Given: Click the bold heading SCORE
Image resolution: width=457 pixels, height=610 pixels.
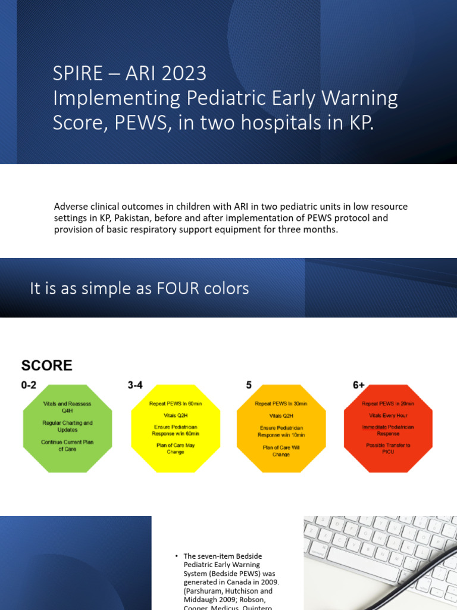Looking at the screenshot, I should point(47,365).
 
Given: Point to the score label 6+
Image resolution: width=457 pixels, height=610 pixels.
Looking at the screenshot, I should point(358,385).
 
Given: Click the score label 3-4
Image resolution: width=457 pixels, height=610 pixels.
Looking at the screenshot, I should point(135,385).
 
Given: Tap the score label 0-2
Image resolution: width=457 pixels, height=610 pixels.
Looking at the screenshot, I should point(29,385).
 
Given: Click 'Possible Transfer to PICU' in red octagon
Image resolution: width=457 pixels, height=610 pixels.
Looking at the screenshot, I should point(388,448).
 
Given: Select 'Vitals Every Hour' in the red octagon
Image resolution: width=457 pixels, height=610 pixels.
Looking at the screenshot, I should point(388,415).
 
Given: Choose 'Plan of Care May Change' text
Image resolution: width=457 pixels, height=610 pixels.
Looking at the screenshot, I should point(176,448).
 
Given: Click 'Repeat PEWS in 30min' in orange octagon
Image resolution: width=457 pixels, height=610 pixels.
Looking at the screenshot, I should point(281,403).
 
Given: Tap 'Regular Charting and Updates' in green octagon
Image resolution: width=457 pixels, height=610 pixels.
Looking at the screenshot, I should point(67,426).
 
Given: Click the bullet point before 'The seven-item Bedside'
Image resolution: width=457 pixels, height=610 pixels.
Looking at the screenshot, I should point(177,556).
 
